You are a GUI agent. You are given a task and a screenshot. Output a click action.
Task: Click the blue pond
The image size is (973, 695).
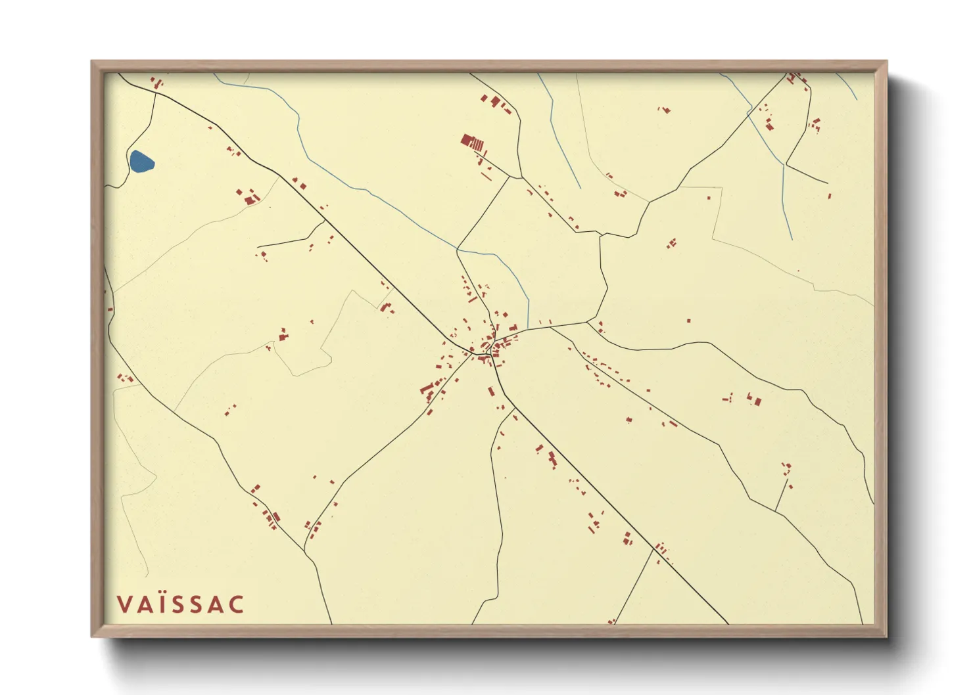(141, 162)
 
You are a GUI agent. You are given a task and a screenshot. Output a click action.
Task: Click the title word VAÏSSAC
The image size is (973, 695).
(180, 604)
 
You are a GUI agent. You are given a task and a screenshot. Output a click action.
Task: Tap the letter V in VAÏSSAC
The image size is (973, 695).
(124, 604)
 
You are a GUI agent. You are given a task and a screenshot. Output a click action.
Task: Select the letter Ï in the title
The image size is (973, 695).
(162, 604)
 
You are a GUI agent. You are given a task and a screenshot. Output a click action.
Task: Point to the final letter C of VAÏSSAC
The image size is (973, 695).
(237, 604)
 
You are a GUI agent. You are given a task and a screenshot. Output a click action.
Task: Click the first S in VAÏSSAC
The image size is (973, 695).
(179, 604)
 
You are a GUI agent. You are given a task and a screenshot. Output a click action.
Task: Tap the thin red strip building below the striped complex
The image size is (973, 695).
(486, 176)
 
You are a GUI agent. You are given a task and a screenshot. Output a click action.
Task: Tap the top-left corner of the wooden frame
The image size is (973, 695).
(92, 62)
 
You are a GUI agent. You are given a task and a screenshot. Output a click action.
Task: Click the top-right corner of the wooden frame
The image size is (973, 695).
(886, 62)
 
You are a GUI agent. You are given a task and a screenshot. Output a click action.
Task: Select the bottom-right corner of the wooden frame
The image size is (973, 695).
(886, 636)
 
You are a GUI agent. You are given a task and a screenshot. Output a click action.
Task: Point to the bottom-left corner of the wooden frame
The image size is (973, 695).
(92, 636)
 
